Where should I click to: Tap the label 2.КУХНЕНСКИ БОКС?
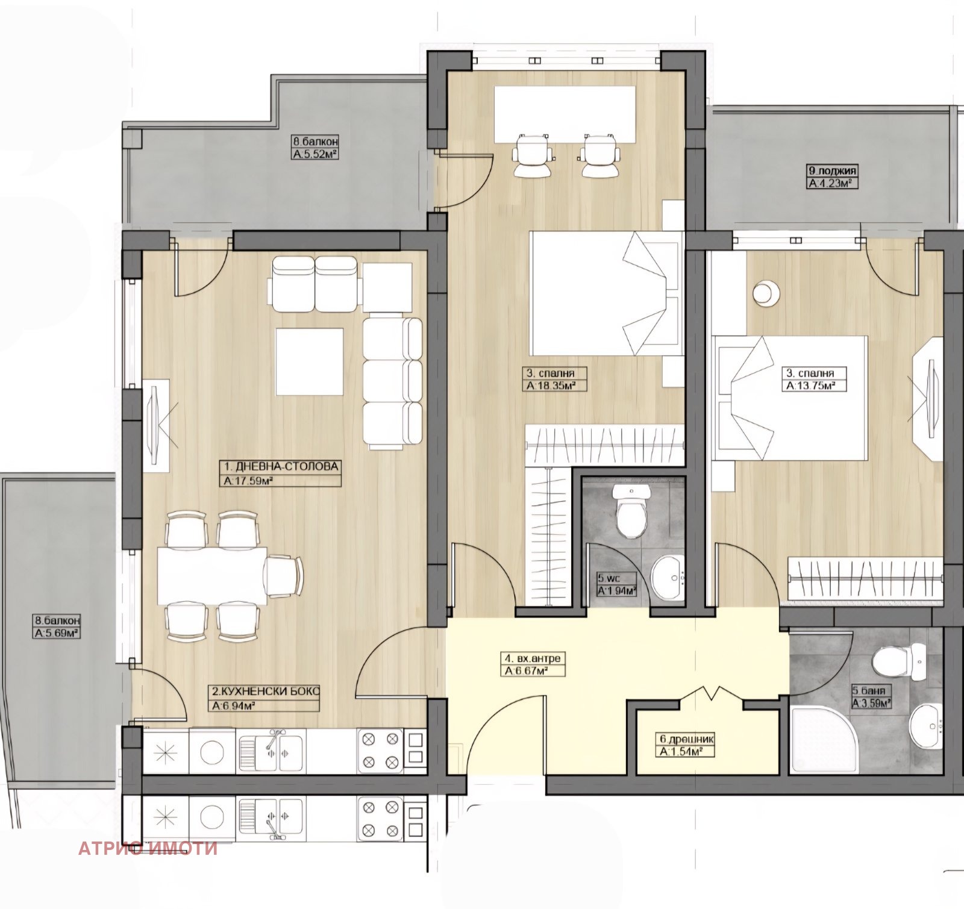(x=264, y=691)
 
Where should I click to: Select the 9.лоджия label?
(x=832, y=170)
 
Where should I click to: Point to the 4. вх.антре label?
(x=534, y=658)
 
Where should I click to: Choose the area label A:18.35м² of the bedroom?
(x=548, y=386)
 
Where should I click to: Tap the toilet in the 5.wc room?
(x=631, y=511)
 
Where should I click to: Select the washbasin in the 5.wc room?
(x=669, y=578)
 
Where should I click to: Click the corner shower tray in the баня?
(x=816, y=739)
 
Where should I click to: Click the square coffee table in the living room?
(x=310, y=361)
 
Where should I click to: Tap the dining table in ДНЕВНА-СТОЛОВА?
(x=212, y=575)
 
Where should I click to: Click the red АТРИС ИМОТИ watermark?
(x=148, y=849)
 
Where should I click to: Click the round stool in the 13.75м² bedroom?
(x=765, y=293)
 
